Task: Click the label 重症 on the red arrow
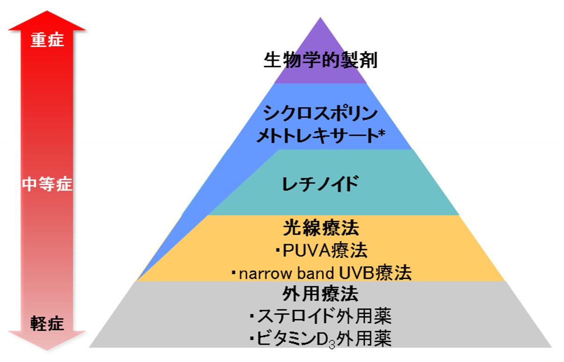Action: coord(47,40)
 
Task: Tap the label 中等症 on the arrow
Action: coord(47,184)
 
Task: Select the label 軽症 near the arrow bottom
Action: coord(47,323)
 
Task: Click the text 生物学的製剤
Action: coord(320,60)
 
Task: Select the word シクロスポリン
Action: coord(320,113)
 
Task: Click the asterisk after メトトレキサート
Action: coord(382,134)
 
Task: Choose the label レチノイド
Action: coord(320,184)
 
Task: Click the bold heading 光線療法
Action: coord(320,228)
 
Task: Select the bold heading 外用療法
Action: coord(320,294)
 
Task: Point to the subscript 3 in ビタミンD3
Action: coord(332,345)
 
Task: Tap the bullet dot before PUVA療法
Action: coord(277,251)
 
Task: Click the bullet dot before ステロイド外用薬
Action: coord(252,317)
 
